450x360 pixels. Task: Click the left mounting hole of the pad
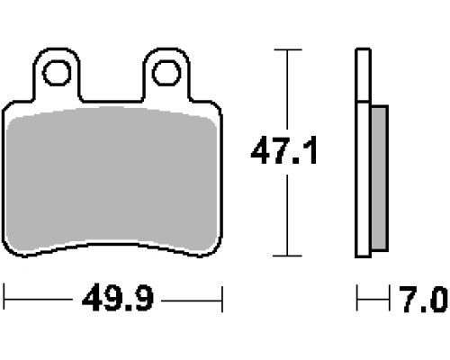57,73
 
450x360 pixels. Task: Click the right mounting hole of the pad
166,73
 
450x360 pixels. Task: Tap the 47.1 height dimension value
283,150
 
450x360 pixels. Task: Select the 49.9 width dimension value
118,298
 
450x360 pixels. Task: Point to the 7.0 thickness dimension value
424,299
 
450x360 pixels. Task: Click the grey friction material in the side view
379,178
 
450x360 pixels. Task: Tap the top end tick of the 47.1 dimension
288,49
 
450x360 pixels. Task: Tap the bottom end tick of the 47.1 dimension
287,256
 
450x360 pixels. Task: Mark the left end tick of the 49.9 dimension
4,299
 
